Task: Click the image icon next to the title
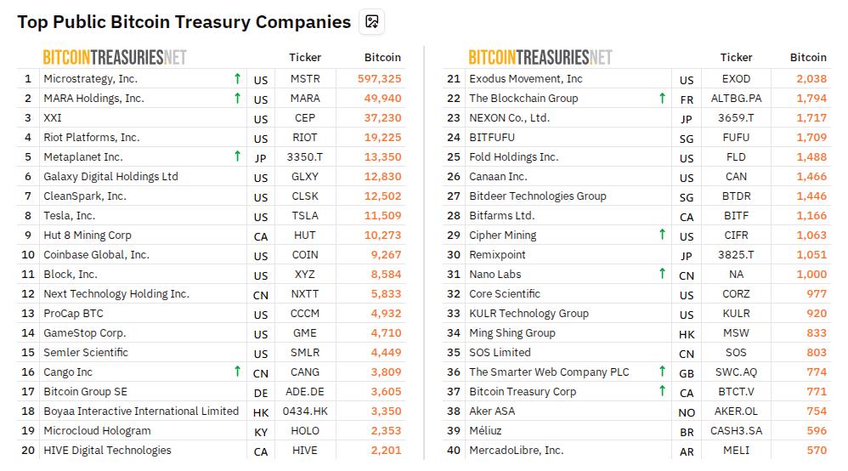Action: pyautogui.click(x=371, y=22)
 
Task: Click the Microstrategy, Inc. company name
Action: pyautogui.click(x=90, y=79)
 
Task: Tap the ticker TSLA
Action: pyautogui.click(x=305, y=216)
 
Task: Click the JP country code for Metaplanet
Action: pyautogui.click(x=260, y=158)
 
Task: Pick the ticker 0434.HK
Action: pyautogui.click(x=305, y=411)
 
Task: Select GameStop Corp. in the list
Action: pyautogui.click(x=84, y=333)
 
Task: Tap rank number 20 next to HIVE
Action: pyautogui.click(x=28, y=451)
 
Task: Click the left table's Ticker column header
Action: pyautogui.click(x=305, y=58)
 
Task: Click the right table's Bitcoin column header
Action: pyautogui.click(x=808, y=58)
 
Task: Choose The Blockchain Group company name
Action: pyautogui.click(x=523, y=99)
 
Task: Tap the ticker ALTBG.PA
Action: pyautogui.click(x=736, y=99)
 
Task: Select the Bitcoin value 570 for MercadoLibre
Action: pyautogui.click(x=816, y=451)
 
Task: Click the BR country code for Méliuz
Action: pyautogui.click(x=687, y=432)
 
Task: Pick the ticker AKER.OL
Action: pyautogui.click(x=736, y=411)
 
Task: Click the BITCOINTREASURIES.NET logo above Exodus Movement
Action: pyautogui.click(x=540, y=58)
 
